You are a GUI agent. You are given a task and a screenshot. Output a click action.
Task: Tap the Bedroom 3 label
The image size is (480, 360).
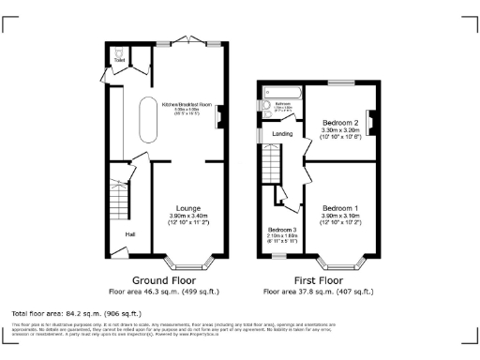click(281, 230)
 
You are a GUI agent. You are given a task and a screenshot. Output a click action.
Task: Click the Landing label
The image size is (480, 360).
click(282, 134)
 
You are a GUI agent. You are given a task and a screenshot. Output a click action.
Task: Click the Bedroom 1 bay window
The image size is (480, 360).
click(340, 262)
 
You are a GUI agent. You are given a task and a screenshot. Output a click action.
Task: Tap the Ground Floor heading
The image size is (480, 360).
click(162, 280)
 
